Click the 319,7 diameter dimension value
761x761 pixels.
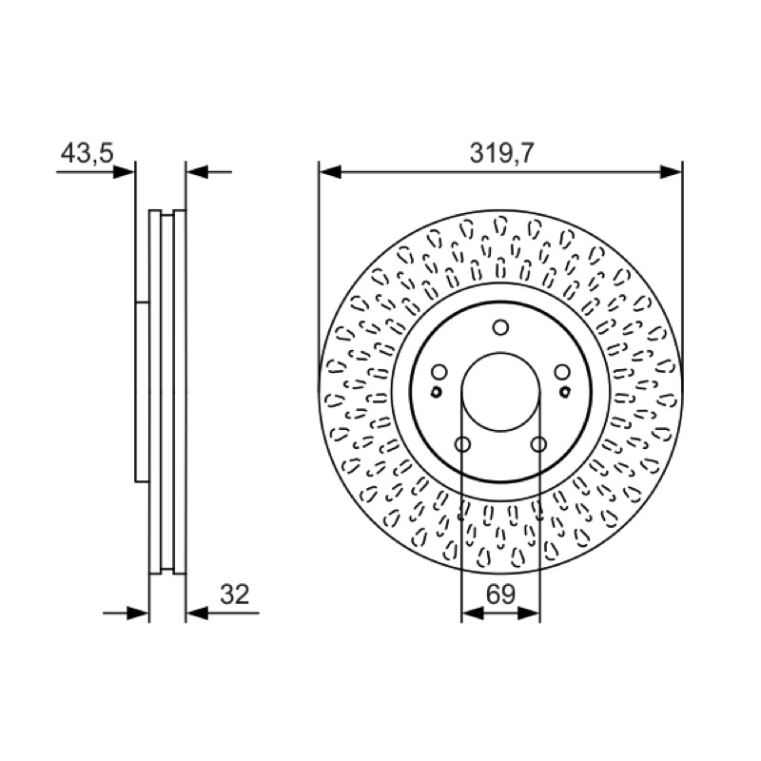click(x=501, y=153)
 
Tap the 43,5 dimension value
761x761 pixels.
click(x=87, y=153)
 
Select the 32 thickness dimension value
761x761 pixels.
click(x=234, y=594)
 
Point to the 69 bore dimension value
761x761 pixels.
click(x=500, y=594)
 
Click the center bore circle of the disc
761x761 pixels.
click(x=500, y=353)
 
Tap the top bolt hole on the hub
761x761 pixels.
click(x=500, y=327)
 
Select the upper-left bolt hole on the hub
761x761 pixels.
click(x=439, y=372)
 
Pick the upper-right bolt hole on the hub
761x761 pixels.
click(x=562, y=372)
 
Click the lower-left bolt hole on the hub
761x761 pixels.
click(x=462, y=443)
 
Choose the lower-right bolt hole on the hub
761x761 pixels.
click(x=538, y=443)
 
